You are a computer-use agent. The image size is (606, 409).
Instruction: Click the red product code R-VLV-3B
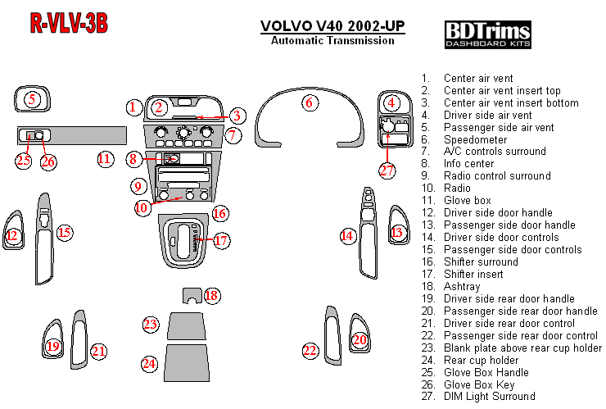tap(69, 23)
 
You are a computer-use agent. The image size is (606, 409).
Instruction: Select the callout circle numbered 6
tap(309, 103)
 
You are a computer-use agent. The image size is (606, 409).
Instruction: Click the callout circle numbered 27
tap(387, 170)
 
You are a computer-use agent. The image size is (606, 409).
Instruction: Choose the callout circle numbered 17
tap(221, 241)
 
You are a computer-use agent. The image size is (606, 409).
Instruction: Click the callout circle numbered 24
tap(148, 363)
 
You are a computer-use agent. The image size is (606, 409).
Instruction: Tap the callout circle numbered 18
tap(211, 295)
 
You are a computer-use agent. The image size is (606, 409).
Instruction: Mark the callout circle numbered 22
tap(310, 351)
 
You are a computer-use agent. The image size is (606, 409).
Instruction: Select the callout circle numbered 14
tap(347, 236)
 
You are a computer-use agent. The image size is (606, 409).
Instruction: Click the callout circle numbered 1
tap(133, 107)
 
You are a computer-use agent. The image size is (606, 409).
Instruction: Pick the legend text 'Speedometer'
tap(472, 139)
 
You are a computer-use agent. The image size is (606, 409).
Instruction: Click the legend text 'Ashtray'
tap(462, 287)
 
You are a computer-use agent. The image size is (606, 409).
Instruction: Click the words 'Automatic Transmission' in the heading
tap(332, 41)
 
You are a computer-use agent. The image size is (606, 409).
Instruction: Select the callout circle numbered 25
tap(23, 161)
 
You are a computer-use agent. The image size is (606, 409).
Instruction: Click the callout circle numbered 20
tap(360, 339)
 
